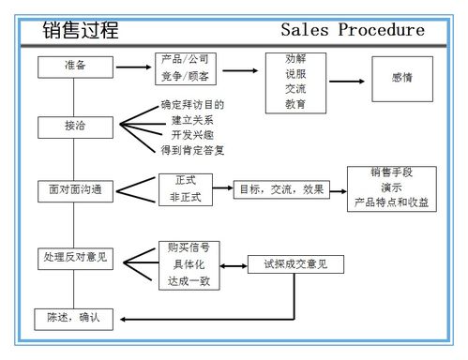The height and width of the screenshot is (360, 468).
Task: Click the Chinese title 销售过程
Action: (x=82, y=30)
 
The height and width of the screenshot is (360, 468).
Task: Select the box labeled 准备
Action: (x=75, y=67)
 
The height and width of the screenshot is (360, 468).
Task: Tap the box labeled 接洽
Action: (x=75, y=126)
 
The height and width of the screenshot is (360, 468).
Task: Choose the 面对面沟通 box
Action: (x=75, y=189)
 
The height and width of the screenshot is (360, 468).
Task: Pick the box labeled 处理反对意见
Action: (x=75, y=256)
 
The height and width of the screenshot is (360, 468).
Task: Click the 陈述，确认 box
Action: (x=73, y=319)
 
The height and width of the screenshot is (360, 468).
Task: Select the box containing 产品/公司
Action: (x=186, y=67)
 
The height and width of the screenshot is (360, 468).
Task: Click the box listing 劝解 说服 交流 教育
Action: (x=295, y=82)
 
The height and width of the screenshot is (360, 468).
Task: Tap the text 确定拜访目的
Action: (x=193, y=105)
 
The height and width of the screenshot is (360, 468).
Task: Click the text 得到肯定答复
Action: (x=193, y=150)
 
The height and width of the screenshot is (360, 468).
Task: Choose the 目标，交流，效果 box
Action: (x=280, y=188)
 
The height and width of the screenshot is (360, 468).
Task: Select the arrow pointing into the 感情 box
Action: (x=347, y=81)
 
